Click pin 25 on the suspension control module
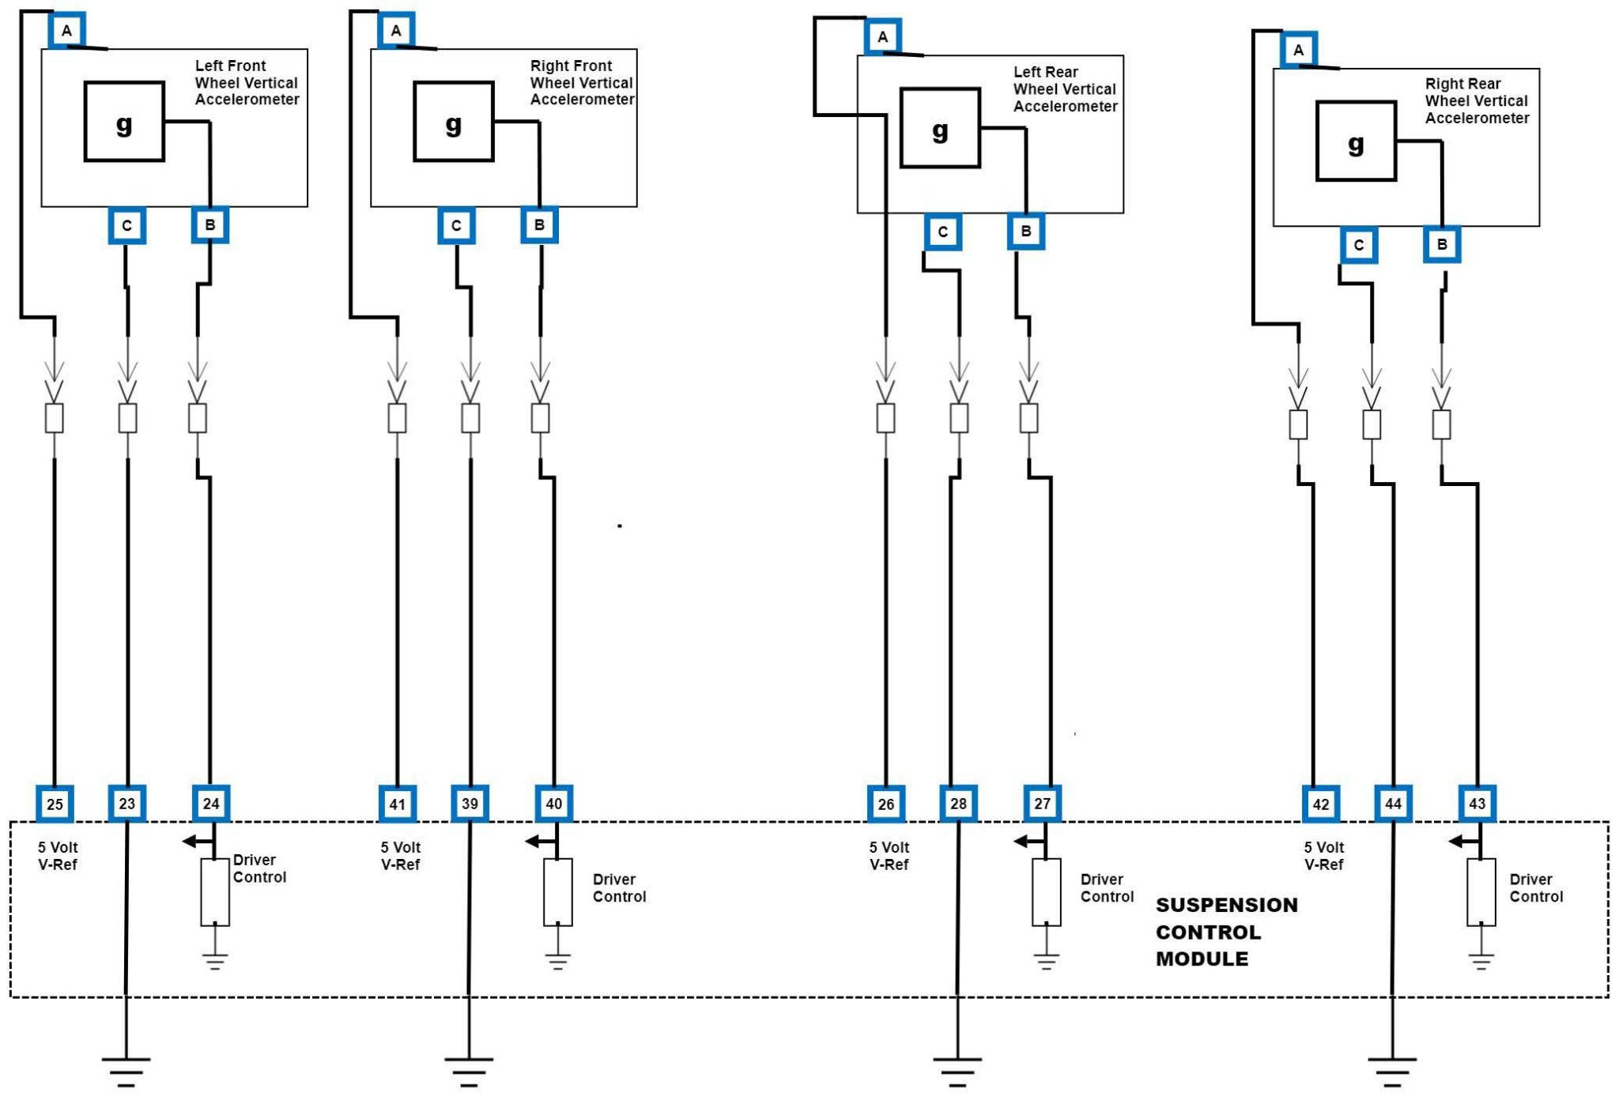tap(55, 804)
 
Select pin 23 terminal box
tap(127, 804)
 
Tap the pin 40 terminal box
tap(553, 804)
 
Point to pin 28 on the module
tap(958, 804)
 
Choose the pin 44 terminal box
tap(1393, 804)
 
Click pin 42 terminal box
tap(1320, 804)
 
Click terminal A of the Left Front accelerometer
tap(66, 31)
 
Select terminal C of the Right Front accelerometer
tap(456, 226)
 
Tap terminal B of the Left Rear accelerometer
tap(1025, 232)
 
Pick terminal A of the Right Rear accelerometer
tap(1298, 51)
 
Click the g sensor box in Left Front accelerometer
tap(124, 122)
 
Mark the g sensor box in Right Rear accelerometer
tap(1356, 141)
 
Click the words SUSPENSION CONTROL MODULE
tap(1226, 932)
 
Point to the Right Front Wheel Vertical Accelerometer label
tap(582, 82)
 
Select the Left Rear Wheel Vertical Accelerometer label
tap(1065, 89)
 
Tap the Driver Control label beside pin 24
tap(259, 868)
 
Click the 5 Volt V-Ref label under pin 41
tap(401, 856)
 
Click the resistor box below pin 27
tap(1046, 892)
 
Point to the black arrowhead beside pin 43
tap(1456, 842)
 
